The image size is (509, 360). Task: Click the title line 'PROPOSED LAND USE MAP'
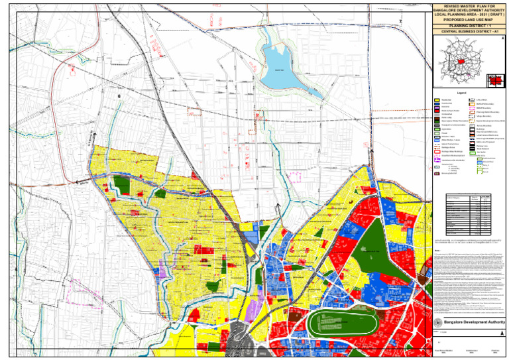pyautogui.click(x=469, y=19)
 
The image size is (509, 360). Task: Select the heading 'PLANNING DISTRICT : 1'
pyautogui.click(x=469, y=25)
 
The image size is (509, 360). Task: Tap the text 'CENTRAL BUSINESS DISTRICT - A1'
pyautogui.click(x=469, y=31)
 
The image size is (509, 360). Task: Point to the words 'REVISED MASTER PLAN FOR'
pyautogui.click(x=469, y=5)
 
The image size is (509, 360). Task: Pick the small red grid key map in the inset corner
pyautogui.click(x=494, y=80)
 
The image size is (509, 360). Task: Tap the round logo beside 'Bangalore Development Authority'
pyautogui.click(x=437, y=322)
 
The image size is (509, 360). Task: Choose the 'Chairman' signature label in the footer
pyautogui.click(x=494, y=351)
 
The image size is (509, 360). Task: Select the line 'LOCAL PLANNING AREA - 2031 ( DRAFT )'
pyautogui.click(x=469, y=14)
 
